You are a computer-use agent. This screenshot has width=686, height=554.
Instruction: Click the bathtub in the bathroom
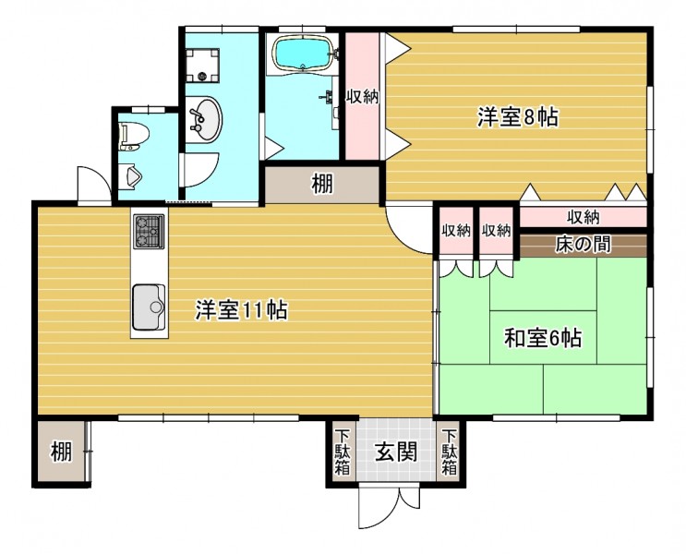[304, 54]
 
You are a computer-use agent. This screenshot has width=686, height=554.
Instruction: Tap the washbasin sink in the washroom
[203, 119]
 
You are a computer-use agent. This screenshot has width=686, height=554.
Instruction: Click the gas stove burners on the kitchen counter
[149, 232]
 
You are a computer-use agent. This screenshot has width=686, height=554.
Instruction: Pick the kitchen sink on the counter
[149, 307]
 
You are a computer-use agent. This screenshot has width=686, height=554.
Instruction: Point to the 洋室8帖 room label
[517, 117]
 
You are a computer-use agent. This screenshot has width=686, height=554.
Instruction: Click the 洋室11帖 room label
[241, 310]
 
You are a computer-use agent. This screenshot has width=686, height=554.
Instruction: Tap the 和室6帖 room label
[543, 337]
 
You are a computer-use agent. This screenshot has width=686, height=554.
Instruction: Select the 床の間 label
[584, 245]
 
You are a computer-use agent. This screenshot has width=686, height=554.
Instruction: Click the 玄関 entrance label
[396, 452]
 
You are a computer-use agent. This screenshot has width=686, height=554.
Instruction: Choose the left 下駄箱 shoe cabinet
[343, 452]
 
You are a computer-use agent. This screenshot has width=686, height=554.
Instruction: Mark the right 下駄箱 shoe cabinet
[450, 452]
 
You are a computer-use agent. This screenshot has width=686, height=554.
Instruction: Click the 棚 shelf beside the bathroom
[322, 185]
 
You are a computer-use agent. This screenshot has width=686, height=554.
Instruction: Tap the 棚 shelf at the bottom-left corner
[61, 452]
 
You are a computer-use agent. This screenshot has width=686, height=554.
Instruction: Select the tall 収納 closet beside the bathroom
[363, 96]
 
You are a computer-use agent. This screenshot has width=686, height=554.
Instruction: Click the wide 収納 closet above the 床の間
[584, 217]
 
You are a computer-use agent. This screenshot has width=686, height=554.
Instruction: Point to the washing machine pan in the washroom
[202, 65]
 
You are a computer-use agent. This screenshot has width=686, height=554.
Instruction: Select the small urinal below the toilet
[134, 176]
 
